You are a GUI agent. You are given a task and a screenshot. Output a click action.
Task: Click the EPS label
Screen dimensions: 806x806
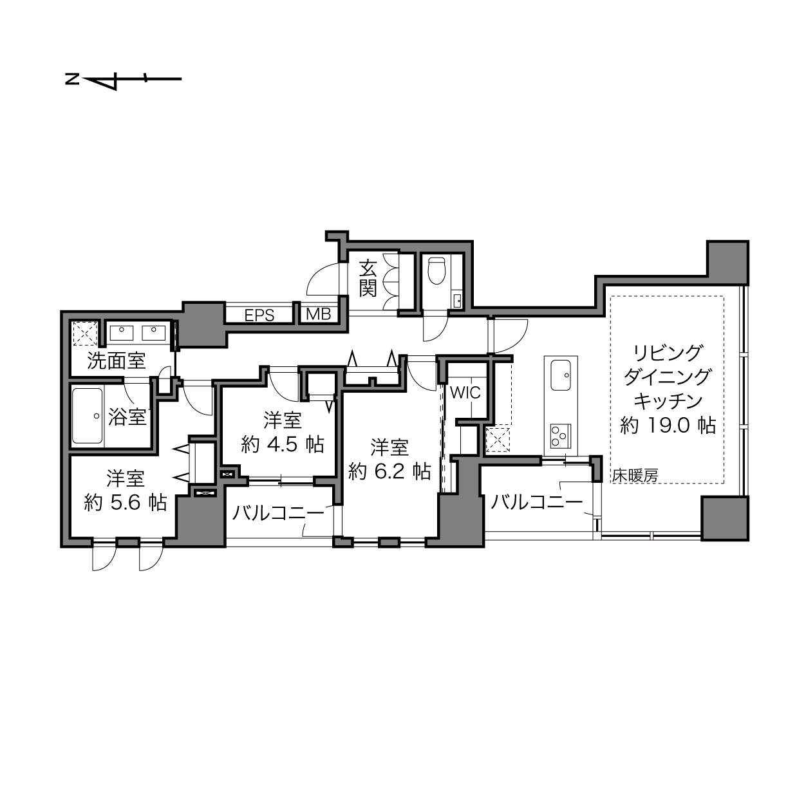[x=259, y=315]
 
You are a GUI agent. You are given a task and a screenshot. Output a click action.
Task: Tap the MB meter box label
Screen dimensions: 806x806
[x=318, y=314]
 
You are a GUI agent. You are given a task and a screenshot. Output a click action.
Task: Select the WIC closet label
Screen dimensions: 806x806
[x=465, y=392]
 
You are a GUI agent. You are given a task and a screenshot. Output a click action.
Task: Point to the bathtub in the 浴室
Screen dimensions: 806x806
[x=88, y=416]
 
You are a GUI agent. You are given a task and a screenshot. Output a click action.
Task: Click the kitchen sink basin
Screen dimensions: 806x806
[x=561, y=374]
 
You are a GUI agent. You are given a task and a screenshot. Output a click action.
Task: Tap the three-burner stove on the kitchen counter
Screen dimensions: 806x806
[x=561, y=435]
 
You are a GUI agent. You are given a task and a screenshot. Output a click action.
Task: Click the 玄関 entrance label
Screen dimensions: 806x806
[x=368, y=278]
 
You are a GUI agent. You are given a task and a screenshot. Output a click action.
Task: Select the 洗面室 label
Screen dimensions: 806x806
[x=117, y=361]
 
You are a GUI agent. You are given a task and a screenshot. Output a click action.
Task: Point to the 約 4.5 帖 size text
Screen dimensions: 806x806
[x=283, y=444]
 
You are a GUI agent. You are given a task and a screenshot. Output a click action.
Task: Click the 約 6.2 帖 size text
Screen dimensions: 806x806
[x=389, y=471]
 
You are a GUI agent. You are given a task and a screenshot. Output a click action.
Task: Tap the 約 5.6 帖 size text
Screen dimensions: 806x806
[x=126, y=502]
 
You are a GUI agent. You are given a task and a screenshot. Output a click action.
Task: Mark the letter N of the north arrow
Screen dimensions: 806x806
[x=72, y=79]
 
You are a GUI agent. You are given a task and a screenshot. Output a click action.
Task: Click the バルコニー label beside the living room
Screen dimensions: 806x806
[x=537, y=501]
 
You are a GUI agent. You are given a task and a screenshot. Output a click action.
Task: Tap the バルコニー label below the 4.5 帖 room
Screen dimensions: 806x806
[x=278, y=513]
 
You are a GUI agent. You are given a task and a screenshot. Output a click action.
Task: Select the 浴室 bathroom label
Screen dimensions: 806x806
[x=127, y=417]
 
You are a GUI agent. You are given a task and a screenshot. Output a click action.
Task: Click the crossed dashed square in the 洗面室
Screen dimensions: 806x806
[x=85, y=333]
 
